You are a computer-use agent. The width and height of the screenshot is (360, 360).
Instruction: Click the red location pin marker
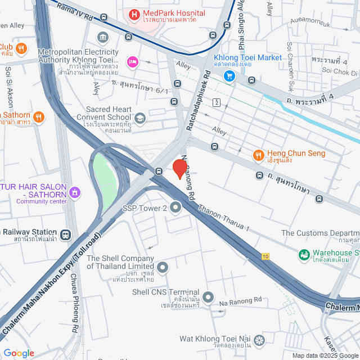(x=179, y=169)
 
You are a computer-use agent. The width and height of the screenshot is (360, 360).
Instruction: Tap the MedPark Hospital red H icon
(x=134, y=13)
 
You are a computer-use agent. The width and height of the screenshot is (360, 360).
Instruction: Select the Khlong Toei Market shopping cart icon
(x=229, y=75)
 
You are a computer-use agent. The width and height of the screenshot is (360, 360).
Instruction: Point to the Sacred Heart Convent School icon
(x=139, y=118)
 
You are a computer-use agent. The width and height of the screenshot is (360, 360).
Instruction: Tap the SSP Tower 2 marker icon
(x=175, y=208)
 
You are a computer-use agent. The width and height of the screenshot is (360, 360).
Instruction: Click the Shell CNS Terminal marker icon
(x=208, y=296)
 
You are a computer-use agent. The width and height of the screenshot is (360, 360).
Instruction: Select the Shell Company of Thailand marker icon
(x=163, y=267)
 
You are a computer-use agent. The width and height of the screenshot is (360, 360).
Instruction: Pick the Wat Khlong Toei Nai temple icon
(x=259, y=339)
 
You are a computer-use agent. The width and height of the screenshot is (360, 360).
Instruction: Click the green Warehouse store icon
(x=304, y=255)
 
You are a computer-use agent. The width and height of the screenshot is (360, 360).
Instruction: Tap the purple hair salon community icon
(x=75, y=194)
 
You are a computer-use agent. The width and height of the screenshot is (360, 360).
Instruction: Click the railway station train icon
(x=66, y=234)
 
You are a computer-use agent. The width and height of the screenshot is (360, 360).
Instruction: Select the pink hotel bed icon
(x=133, y=61)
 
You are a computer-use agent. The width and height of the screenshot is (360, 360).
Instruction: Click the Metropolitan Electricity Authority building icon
(x=103, y=38)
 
